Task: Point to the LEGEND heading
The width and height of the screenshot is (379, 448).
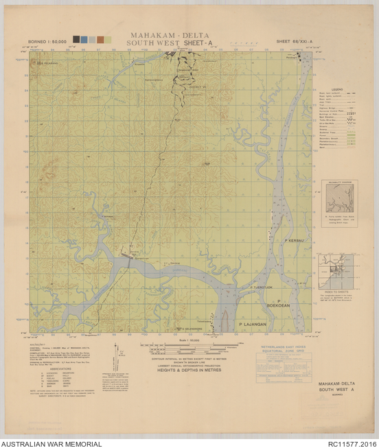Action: [x=337, y=89]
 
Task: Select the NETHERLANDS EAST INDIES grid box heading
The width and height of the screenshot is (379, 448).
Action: [x=286, y=347]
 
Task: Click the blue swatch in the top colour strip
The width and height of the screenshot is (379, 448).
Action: [x=83, y=40]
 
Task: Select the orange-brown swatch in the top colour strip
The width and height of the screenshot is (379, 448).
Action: [x=100, y=40]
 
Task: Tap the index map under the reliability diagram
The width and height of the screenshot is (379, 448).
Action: [x=338, y=271]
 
